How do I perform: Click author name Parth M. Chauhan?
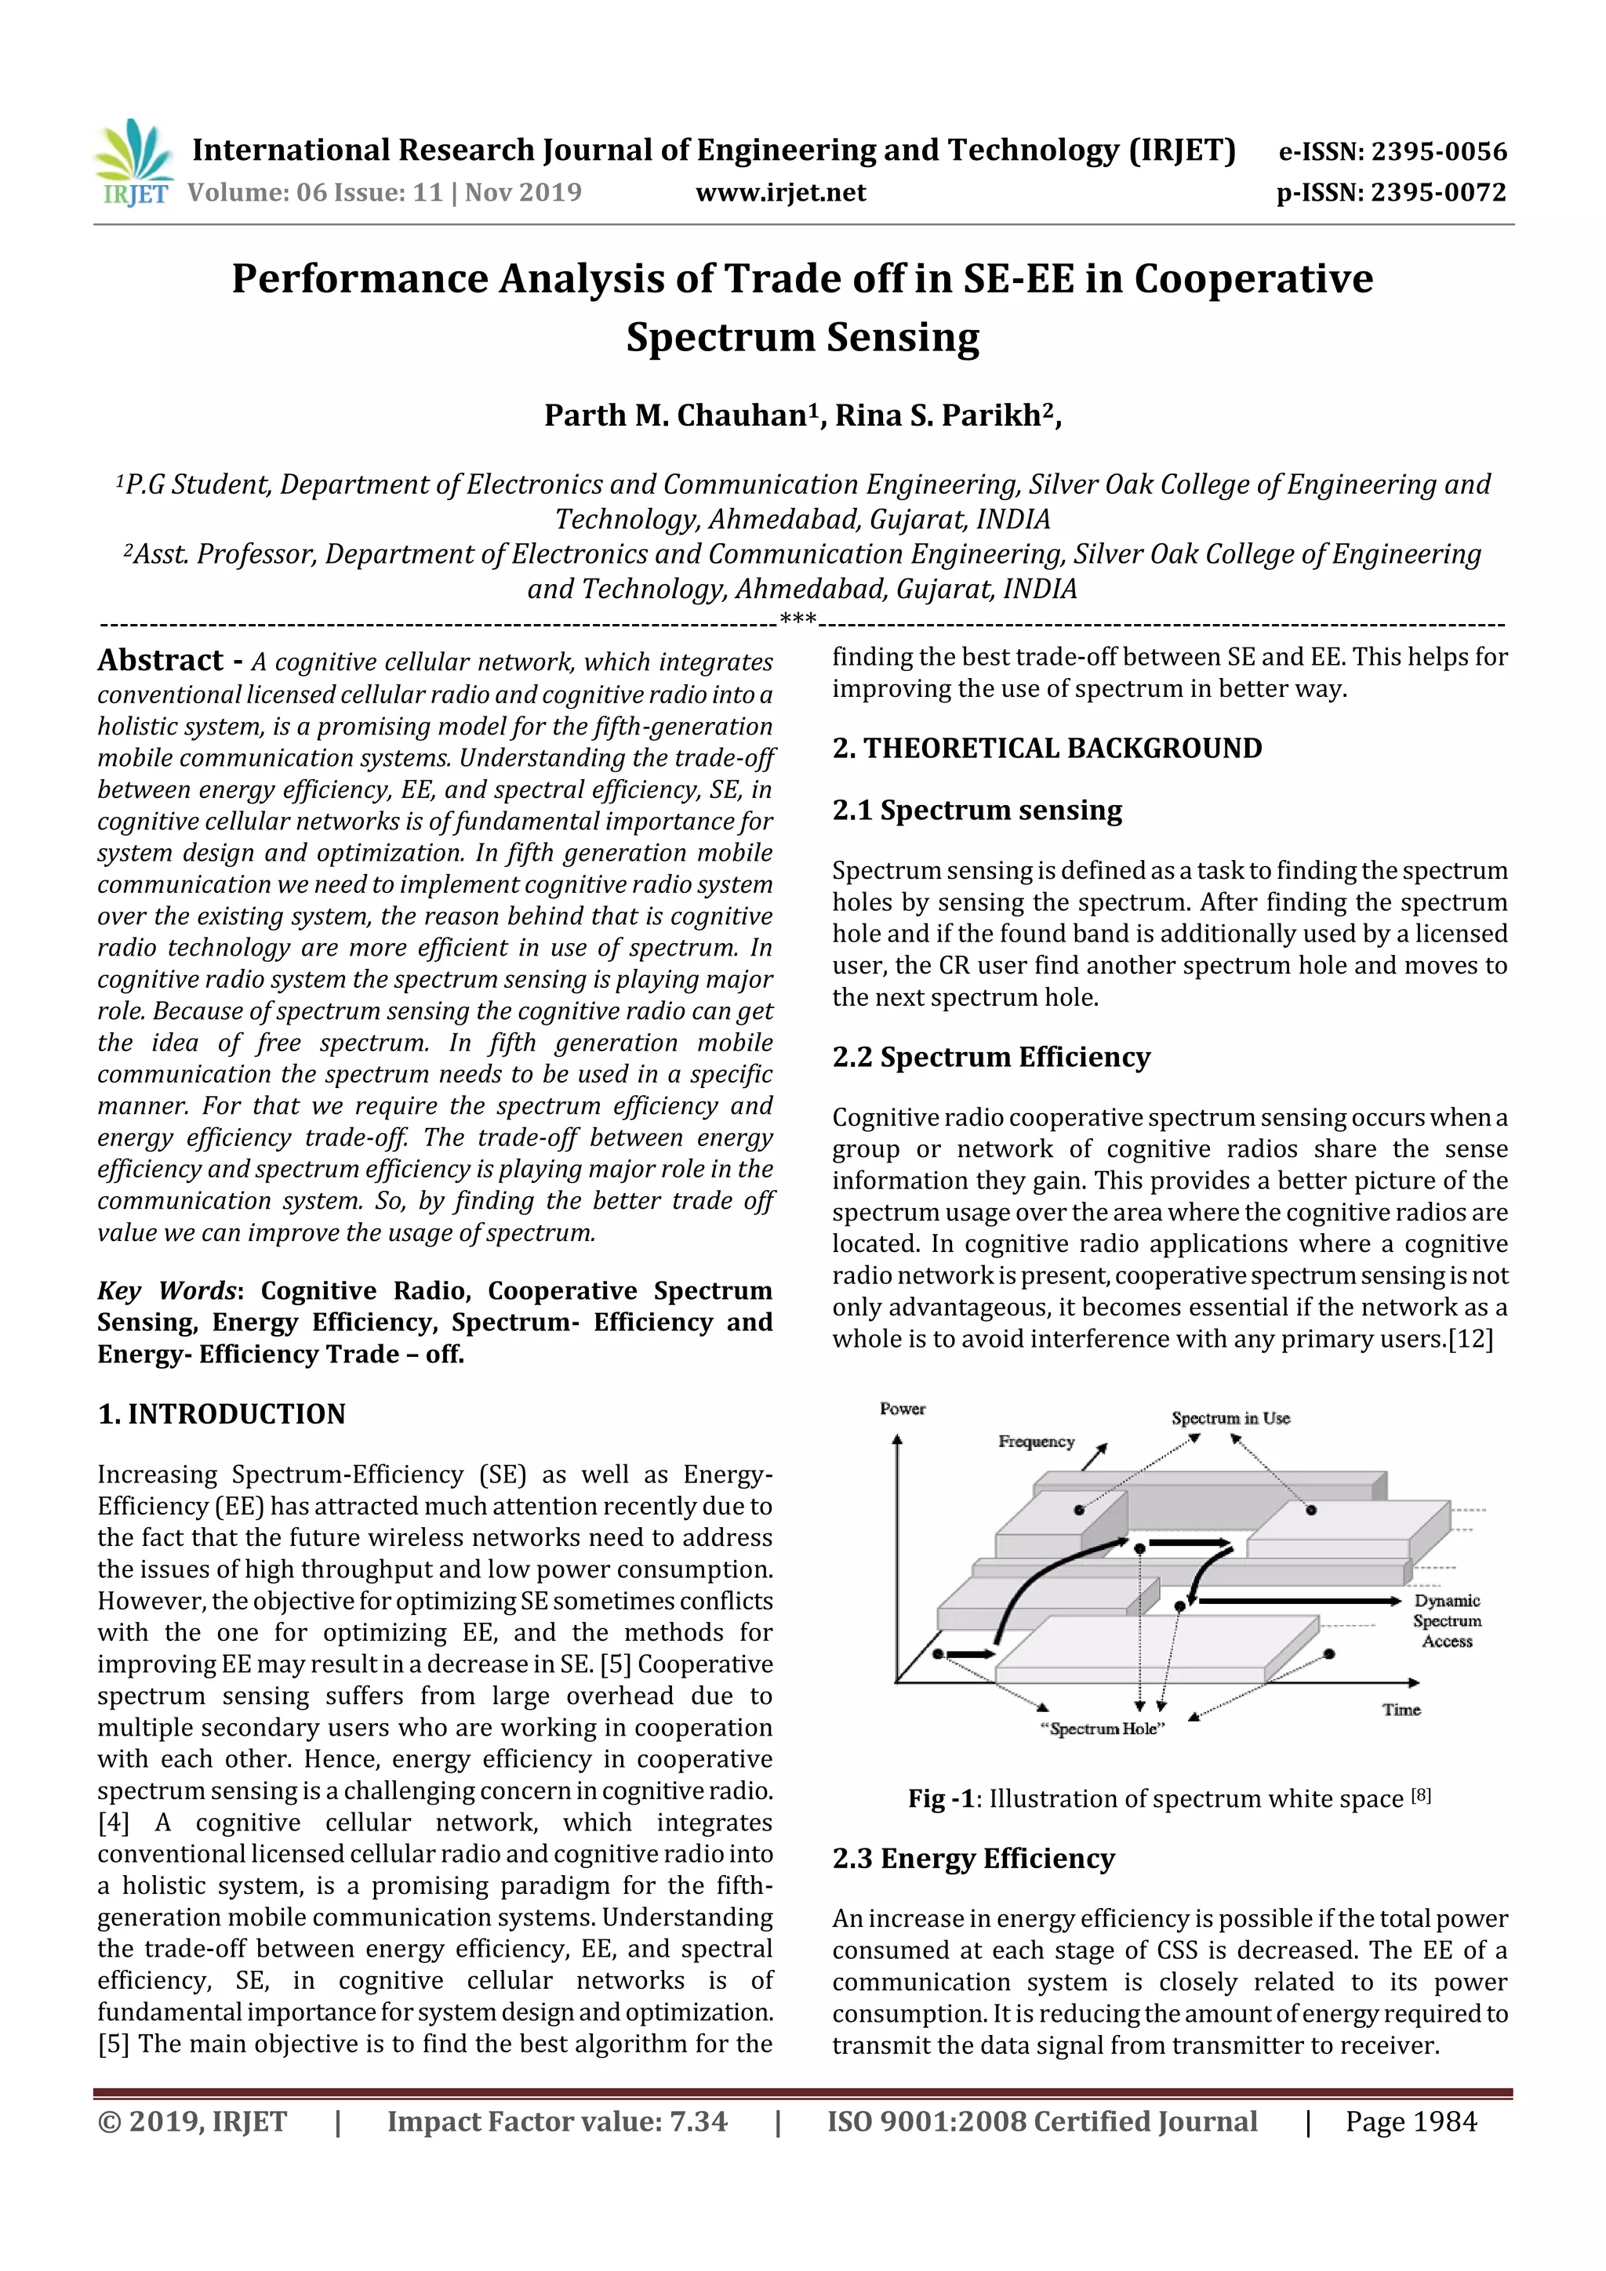click(675, 415)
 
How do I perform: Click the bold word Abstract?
click(160, 660)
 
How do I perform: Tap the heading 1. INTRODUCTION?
click(222, 1413)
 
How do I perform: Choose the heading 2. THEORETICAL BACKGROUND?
click(1047, 748)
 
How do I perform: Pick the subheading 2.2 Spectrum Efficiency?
click(990, 1057)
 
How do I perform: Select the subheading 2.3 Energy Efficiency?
click(972, 1859)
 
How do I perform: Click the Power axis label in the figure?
click(903, 1409)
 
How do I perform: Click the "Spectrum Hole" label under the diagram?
click(1103, 1729)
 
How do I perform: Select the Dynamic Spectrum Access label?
click(1447, 1620)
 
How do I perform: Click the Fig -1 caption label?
click(941, 1798)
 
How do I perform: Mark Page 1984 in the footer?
click(1410, 2121)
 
